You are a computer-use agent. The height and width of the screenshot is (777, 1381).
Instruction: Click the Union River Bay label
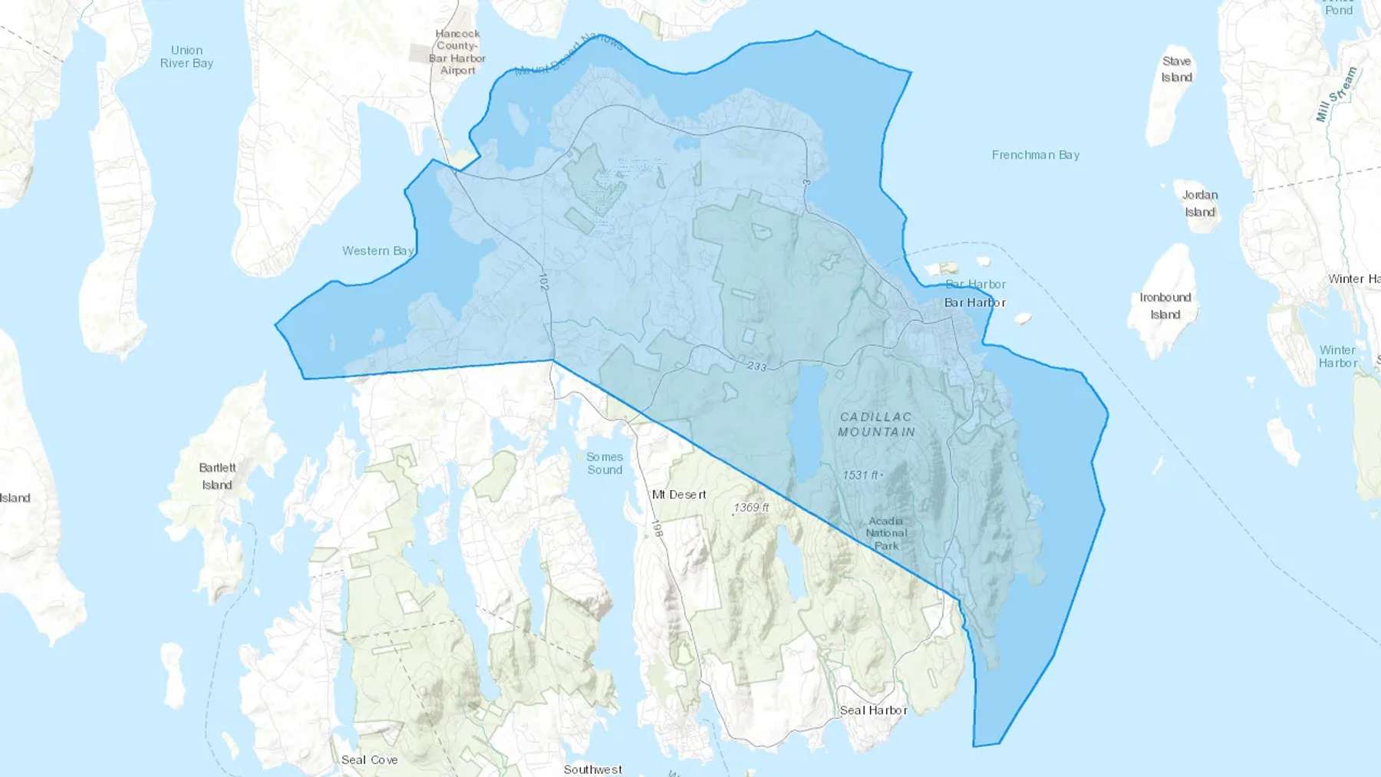click(x=186, y=57)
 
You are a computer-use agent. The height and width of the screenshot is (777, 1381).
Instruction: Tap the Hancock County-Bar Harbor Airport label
click(x=457, y=52)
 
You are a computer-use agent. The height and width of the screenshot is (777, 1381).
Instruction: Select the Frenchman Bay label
click(x=1035, y=155)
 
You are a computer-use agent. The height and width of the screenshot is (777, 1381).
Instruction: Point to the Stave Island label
click(x=1176, y=69)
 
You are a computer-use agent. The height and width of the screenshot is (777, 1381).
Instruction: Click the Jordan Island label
click(x=1200, y=203)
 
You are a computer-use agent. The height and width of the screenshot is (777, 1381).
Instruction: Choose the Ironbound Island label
click(x=1165, y=306)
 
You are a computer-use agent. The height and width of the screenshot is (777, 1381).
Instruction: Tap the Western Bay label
click(x=377, y=251)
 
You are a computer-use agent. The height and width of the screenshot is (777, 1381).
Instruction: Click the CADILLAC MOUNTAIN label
click(x=876, y=424)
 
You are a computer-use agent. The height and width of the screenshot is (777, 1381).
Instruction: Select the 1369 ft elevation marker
click(x=751, y=508)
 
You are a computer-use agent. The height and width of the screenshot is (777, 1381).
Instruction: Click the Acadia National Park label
click(x=886, y=533)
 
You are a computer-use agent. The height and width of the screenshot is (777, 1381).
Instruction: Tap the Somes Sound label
click(x=605, y=463)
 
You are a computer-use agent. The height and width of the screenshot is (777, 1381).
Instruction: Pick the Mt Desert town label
click(x=679, y=495)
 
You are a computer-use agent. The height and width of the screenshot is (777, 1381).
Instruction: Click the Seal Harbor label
click(x=873, y=710)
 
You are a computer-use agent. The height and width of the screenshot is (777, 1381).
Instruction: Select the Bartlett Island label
click(x=217, y=476)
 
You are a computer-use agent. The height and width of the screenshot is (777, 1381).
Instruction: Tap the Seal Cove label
click(x=369, y=759)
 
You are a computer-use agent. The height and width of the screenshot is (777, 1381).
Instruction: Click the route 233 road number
click(x=756, y=367)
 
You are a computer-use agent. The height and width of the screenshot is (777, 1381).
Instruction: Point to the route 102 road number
click(x=543, y=281)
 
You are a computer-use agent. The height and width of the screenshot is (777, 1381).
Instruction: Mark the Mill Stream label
click(x=1337, y=94)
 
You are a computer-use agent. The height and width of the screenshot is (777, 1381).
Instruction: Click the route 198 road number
click(x=657, y=528)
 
